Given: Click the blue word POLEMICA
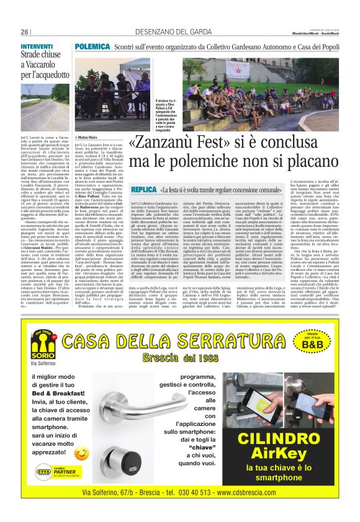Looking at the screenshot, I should click(x=92, y=46).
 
